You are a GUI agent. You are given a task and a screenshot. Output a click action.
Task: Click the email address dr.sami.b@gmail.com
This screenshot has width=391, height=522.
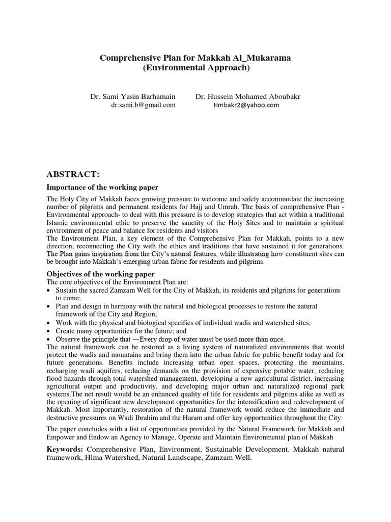(143, 105)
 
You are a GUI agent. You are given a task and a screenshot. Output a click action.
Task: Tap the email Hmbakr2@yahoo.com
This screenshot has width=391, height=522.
(246, 105)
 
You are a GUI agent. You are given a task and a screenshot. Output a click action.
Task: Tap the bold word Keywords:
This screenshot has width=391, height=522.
(66, 449)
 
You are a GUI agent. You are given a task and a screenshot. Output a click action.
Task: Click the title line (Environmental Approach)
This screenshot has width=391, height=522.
(195, 67)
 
